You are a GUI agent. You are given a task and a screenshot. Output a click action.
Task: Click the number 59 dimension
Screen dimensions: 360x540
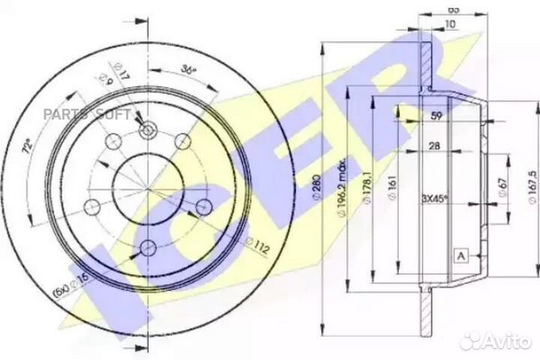[x=437, y=115]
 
